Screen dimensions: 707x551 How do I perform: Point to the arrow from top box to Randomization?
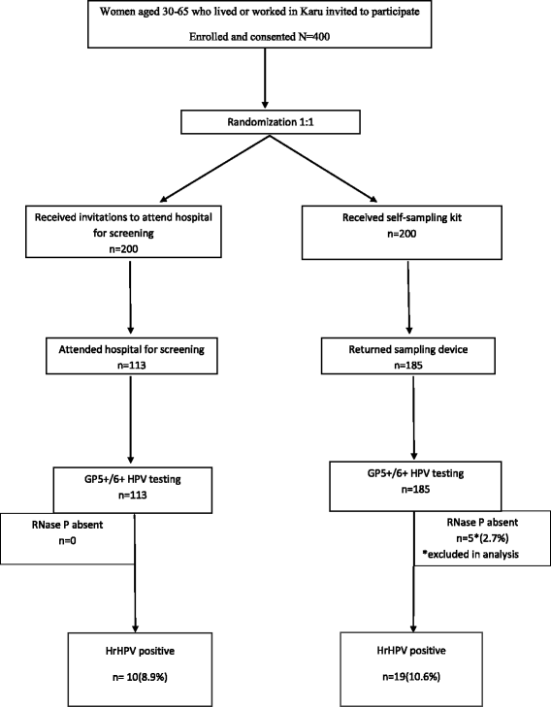(266, 89)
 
